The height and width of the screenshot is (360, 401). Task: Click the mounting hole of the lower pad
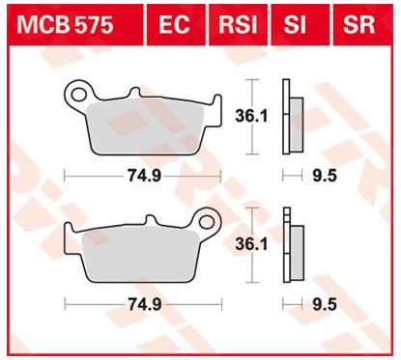click(206, 225)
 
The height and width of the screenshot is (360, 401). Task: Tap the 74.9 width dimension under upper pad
click(142, 177)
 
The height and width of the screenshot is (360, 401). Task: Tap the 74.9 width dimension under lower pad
click(142, 303)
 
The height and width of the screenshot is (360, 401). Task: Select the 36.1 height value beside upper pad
click(252, 116)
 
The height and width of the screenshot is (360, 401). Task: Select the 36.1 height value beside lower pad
click(252, 246)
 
